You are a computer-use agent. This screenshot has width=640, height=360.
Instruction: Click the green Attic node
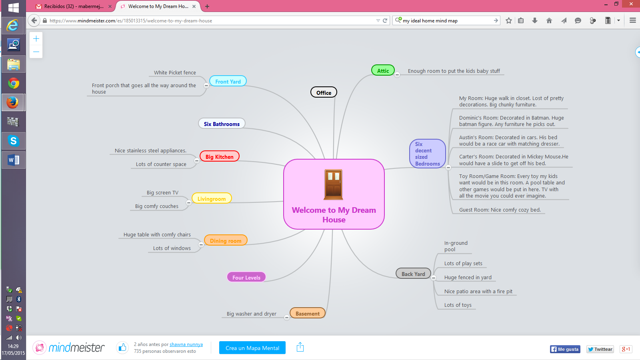(383, 71)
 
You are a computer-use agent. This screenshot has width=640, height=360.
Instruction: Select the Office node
(324, 92)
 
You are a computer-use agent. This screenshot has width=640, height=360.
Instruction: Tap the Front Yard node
(228, 81)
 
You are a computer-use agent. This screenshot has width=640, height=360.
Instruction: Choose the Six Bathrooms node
(222, 124)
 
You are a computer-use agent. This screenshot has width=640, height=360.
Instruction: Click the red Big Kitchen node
(219, 156)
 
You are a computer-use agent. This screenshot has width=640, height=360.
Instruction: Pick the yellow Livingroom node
(212, 198)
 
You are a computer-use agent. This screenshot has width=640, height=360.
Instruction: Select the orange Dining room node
(226, 240)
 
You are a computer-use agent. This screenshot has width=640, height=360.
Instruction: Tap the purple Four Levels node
(246, 277)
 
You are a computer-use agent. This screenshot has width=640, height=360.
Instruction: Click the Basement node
(307, 313)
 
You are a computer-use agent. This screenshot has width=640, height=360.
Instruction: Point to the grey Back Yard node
(413, 274)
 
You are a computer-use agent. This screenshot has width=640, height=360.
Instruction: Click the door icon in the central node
(334, 184)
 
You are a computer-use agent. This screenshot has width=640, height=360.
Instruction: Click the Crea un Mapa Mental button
(252, 348)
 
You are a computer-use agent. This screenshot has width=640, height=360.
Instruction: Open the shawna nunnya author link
(186, 344)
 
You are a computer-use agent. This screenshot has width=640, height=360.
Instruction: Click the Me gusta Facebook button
(564, 349)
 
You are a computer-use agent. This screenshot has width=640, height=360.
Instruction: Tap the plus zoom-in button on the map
(36, 39)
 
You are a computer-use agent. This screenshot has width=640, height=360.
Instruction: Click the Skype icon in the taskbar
(14, 141)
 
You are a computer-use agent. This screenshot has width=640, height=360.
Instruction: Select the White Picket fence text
(175, 72)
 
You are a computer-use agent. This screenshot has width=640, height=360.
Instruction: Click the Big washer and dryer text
(251, 314)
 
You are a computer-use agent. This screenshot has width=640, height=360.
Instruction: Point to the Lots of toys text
(458, 305)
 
